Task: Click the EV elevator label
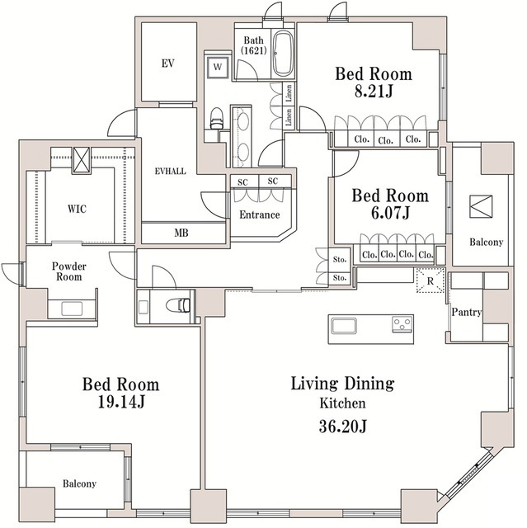tap(167, 64)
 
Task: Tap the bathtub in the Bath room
tap(283, 54)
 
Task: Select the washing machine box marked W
tap(218, 67)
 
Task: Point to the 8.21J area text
tap(374, 91)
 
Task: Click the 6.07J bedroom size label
tap(390, 213)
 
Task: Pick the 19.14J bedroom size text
tap(121, 402)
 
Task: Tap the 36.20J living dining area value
tap(342, 427)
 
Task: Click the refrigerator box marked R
tap(430, 280)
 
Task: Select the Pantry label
tap(467, 312)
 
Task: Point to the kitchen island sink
tap(344, 326)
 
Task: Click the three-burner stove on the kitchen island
tap(402, 324)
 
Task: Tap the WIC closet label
tap(77, 209)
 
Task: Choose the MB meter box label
tap(181, 233)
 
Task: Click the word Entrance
tap(260, 214)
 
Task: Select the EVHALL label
tap(170, 172)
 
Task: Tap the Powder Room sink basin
tap(72, 309)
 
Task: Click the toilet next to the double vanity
tap(217, 119)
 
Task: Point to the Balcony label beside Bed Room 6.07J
tap(487, 242)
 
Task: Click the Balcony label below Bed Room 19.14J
tap(79, 484)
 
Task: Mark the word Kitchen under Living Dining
tap(342, 403)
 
